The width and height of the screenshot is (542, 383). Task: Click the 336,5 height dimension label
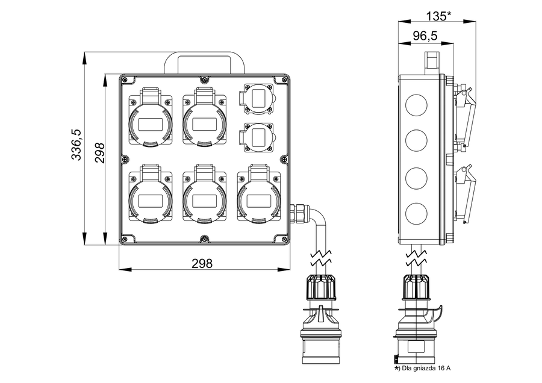(77, 145)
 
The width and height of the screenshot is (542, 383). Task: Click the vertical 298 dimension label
(99, 153)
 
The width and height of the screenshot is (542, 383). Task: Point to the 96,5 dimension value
(425, 36)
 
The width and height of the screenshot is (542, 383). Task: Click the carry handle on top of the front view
(204, 62)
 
